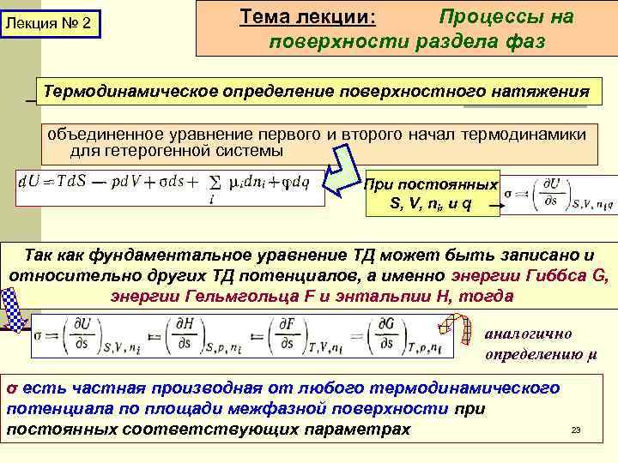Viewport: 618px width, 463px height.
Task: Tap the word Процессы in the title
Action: (506, 17)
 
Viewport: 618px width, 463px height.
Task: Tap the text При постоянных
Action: (431, 184)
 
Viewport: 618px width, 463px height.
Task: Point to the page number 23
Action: (576, 430)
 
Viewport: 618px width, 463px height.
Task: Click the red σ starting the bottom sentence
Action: (11, 388)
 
